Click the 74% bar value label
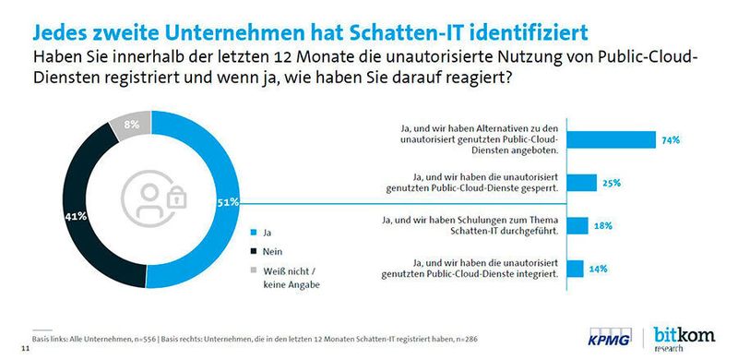671,140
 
